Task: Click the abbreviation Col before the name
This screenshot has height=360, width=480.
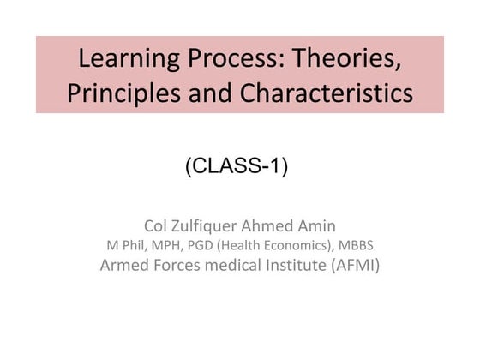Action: tap(159, 226)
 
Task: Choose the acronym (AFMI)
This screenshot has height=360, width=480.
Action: tap(356, 265)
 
